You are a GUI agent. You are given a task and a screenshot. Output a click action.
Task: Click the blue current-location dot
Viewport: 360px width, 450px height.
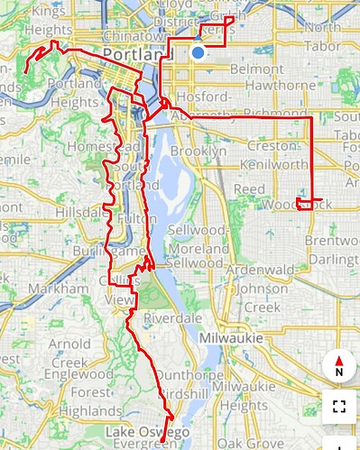[x=198, y=53]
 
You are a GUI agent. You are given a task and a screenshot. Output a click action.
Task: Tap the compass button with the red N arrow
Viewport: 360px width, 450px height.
[x=339, y=366]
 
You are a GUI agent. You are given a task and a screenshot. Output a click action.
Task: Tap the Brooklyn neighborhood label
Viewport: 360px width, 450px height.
[x=201, y=152]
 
